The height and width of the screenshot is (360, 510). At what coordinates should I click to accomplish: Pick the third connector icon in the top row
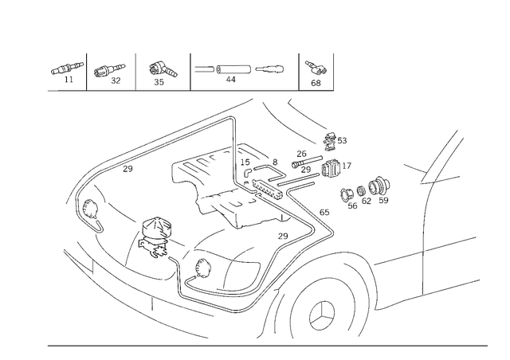162,72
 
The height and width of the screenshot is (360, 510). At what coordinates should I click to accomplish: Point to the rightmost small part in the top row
317,71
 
